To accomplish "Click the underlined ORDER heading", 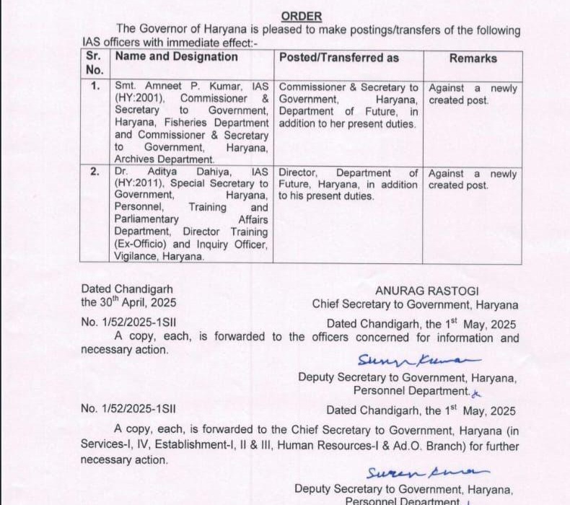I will coord(302,16).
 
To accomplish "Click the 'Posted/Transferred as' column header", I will coord(339,58).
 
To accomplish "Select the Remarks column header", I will coord(473,58).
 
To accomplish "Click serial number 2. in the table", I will coord(94,173).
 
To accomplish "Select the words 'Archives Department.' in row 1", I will coord(165,159).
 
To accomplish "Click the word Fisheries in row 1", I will coord(188,123).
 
